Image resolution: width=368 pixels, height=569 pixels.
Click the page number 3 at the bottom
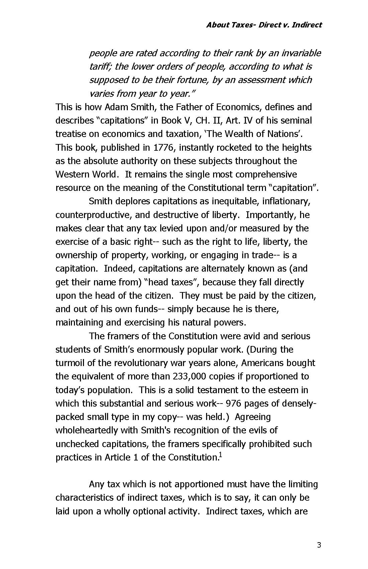[319, 545]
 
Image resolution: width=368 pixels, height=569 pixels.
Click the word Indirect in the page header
[307, 25]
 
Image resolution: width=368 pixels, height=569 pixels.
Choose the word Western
[72, 174]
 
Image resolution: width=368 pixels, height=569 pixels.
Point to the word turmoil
[71, 363]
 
